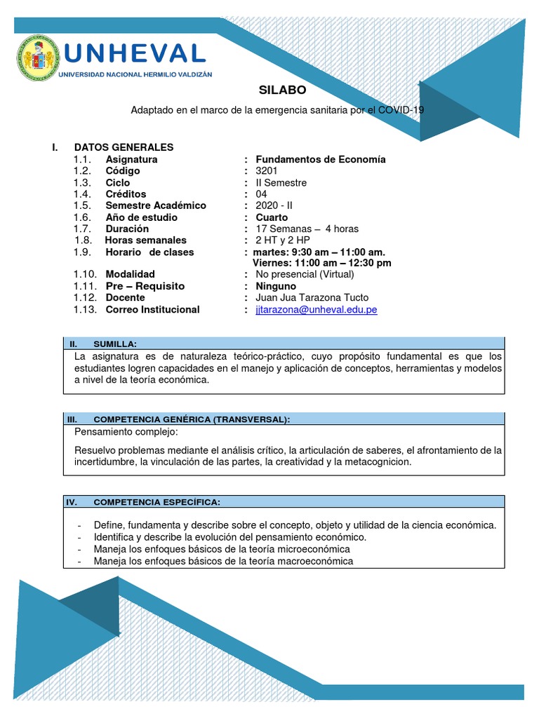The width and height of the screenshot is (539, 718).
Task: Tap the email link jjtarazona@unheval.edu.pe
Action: [317, 310]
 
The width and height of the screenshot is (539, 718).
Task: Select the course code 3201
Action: [267, 171]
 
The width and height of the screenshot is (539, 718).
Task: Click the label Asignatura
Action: [131, 159]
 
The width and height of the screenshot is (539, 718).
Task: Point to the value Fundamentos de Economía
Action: [321, 159]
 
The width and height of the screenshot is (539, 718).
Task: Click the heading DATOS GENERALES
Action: [124, 147]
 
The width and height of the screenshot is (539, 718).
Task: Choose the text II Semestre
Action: [281, 183]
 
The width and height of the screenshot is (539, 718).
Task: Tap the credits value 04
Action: [262, 194]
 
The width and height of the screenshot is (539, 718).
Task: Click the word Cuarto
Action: [272, 217]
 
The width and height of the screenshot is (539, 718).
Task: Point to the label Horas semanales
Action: [146, 241]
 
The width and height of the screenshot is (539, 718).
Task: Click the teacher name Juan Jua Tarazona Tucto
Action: [312, 298]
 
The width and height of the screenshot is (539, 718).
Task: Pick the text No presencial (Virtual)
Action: [305, 274]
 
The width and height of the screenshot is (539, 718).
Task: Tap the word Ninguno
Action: [276, 286]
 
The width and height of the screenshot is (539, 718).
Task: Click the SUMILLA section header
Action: [114, 344]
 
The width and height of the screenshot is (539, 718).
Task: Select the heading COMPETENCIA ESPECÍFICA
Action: [157, 502]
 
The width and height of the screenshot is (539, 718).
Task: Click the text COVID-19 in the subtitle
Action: [401, 110]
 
